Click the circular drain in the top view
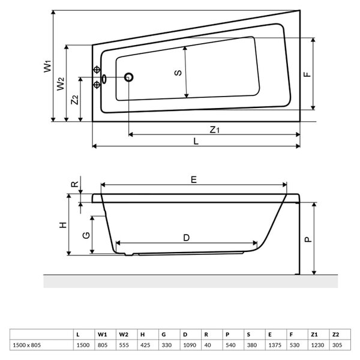[x=129, y=77]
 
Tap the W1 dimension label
[x=47, y=66]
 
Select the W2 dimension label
[x=61, y=84]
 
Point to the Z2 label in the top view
[x=74, y=100]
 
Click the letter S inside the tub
[x=178, y=73]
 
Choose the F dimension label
[x=307, y=74]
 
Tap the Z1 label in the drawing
[x=215, y=130]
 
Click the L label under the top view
[x=196, y=141]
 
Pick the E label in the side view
[x=194, y=179]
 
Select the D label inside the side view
[x=187, y=238]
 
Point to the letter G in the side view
[x=86, y=235]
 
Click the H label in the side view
[x=63, y=225]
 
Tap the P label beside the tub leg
[x=308, y=239]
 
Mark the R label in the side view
[x=75, y=184]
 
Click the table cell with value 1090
[x=190, y=345]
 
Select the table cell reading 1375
[x=275, y=345]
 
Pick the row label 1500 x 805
[x=27, y=345]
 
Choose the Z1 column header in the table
[x=314, y=335]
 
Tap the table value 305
[x=337, y=345]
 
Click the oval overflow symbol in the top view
[x=104, y=79]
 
